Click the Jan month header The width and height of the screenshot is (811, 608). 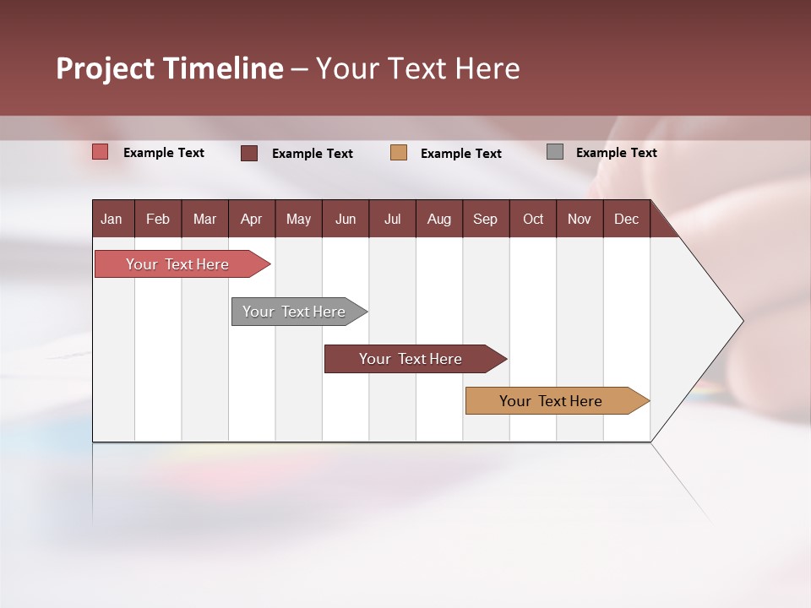click(112, 219)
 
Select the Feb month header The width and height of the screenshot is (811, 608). click(158, 219)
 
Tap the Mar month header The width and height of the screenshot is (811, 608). click(204, 219)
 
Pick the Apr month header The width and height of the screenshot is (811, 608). click(252, 219)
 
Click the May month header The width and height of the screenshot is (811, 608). click(298, 219)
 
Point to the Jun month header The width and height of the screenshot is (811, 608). click(346, 219)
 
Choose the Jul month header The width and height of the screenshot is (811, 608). click(392, 219)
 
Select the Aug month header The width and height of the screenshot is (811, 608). click(439, 219)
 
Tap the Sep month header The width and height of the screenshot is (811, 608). click(486, 219)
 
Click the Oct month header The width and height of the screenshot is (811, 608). click(533, 219)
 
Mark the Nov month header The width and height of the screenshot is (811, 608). click(580, 219)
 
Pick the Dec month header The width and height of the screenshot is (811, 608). click(627, 219)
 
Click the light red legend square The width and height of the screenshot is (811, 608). click(101, 152)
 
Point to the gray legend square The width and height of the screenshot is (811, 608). click(555, 152)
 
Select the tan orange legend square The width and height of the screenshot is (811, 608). click(399, 153)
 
